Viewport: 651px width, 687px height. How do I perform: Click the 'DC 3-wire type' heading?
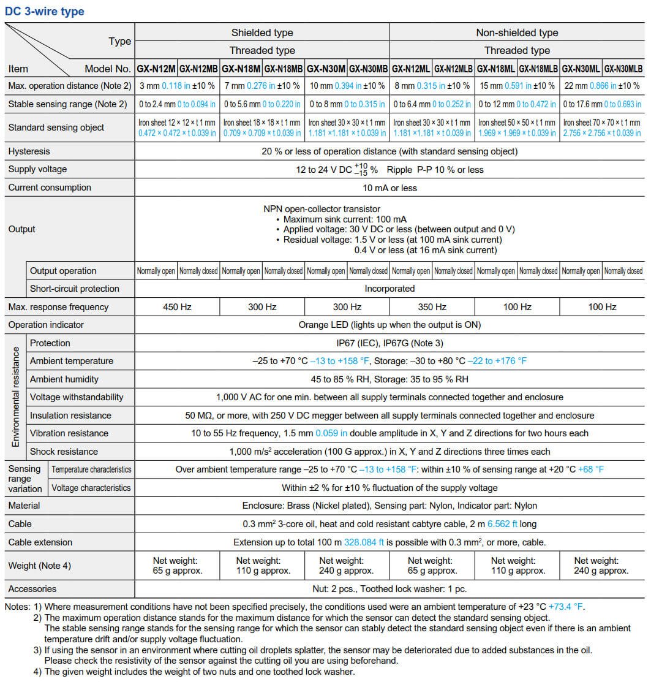click(x=46, y=11)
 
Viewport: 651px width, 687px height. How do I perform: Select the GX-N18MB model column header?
click(x=284, y=69)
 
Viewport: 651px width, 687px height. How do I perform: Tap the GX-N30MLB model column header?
click(x=623, y=69)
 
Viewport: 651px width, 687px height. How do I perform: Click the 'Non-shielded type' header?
click(x=517, y=33)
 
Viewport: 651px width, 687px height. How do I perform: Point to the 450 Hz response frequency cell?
click(x=177, y=307)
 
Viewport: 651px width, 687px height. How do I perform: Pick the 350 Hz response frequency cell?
click(x=432, y=307)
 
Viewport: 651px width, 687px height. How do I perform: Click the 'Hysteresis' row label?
click(x=29, y=151)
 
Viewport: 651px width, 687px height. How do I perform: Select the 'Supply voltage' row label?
click(x=37, y=169)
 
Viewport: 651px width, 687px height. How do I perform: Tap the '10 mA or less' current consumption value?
click(x=389, y=188)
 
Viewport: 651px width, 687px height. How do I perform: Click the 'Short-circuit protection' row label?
click(x=75, y=289)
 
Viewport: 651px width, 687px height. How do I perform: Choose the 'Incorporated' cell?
click(x=389, y=289)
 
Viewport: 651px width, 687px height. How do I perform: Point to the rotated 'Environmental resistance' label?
click(x=15, y=397)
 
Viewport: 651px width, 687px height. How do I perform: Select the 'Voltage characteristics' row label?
click(x=91, y=488)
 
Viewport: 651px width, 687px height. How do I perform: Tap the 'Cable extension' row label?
click(x=40, y=542)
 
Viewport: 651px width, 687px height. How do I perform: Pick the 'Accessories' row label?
click(x=32, y=589)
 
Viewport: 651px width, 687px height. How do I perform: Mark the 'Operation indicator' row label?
click(x=46, y=325)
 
